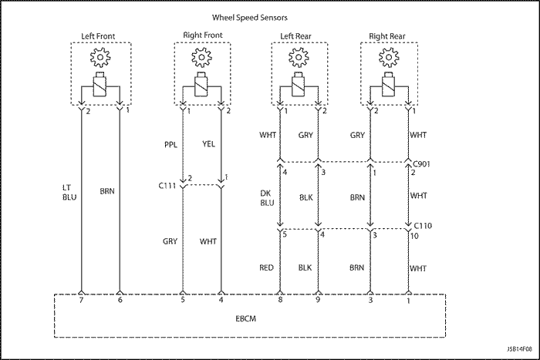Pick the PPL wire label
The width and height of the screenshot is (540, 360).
tap(170, 144)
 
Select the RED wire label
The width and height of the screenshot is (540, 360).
tap(267, 267)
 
